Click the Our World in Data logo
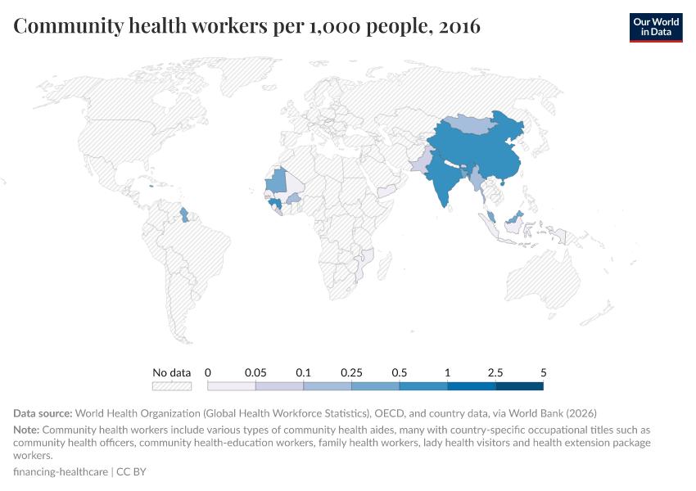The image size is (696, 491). tap(655, 26)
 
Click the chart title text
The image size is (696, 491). tap(246, 26)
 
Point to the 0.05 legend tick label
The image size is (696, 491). tap(256, 372)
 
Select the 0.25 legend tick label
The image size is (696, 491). tap(352, 372)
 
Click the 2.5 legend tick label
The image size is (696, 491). tap(495, 372)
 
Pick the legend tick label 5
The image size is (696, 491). tap(543, 372)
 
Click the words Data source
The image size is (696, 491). tap(43, 413)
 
